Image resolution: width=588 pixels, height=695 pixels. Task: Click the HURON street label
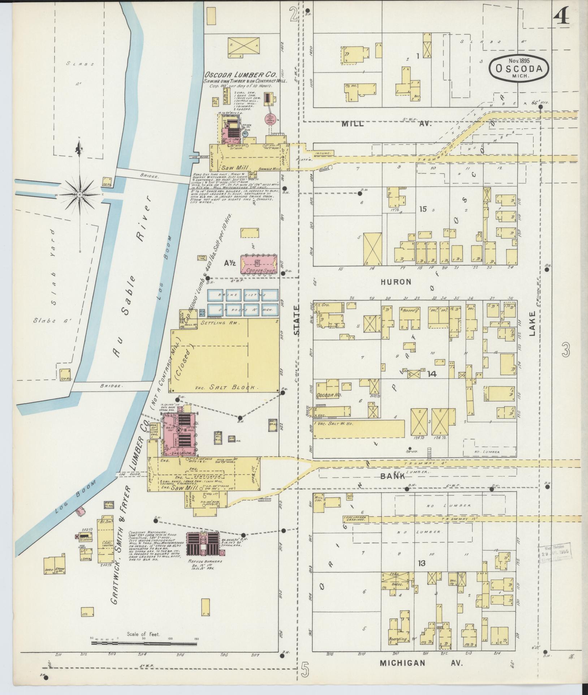click(x=396, y=282)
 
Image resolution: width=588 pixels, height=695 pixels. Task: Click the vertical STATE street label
click(x=297, y=321)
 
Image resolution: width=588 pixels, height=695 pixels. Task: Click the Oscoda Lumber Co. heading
click(x=240, y=75)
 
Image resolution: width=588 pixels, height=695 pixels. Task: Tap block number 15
click(x=423, y=209)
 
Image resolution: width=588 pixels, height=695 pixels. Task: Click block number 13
click(x=421, y=563)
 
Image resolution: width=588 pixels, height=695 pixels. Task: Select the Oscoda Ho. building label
click(x=329, y=395)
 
